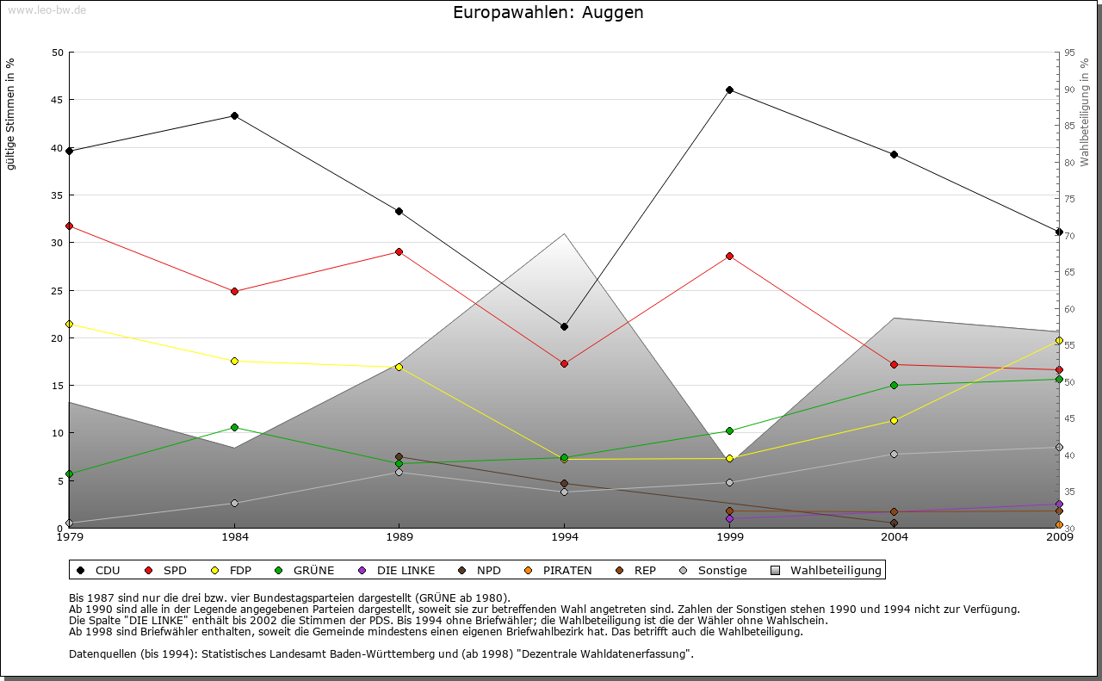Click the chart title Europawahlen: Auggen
click(x=548, y=13)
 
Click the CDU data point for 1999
click(x=729, y=90)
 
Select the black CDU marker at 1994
click(x=564, y=326)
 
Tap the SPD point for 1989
click(x=399, y=251)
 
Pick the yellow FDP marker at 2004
click(x=895, y=420)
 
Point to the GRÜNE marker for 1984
click(x=234, y=427)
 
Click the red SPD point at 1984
click(x=234, y=291)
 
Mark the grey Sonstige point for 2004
click(x=895, y=454)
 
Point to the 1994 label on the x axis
click(x=565, y=538)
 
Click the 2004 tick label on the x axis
click(x=895, y=538)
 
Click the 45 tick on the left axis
click(x=58, y=100)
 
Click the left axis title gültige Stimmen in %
click(x=11, y=114)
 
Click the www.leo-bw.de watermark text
click(x=46, y=9)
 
